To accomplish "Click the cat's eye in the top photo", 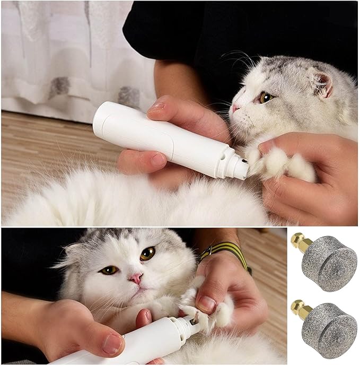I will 265,98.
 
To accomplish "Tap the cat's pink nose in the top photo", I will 235,108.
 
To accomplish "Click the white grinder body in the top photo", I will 159,138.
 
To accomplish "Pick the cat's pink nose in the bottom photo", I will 136,278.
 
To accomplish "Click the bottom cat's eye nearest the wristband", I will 147,254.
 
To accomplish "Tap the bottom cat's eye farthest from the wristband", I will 109,270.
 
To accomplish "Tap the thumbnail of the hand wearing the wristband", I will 207,304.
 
